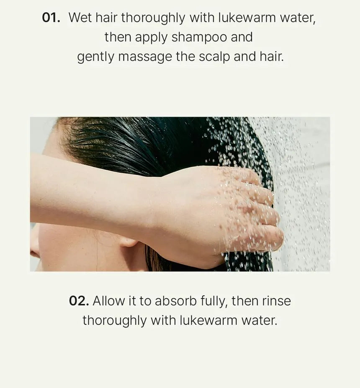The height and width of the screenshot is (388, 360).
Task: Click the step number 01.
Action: pos(51,18)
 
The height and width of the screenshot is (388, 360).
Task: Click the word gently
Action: pos(95,57)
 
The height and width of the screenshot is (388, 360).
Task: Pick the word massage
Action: pos(145,57)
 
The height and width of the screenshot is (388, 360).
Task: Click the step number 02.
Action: pos(79,301)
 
